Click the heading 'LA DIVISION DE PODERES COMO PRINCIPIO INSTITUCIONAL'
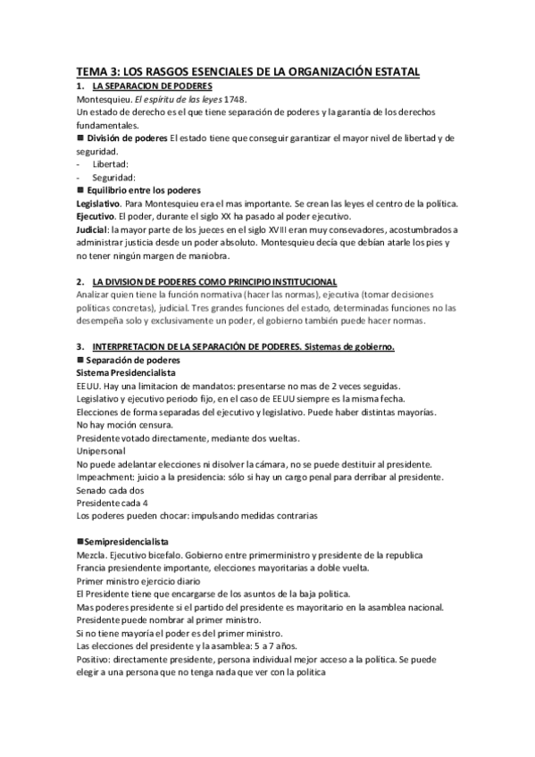(214, 281)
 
